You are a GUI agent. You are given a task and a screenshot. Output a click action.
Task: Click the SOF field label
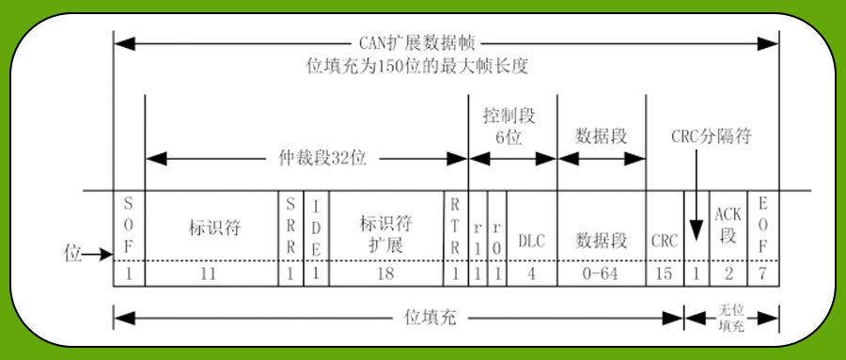coord(129,227)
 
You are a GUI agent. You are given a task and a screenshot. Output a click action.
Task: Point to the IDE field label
coord(318,227)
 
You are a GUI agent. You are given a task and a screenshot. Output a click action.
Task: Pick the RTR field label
coord(456,227)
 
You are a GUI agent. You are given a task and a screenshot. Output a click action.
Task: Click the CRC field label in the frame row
coord(665,241)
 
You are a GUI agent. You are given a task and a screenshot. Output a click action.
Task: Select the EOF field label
coord(763,227)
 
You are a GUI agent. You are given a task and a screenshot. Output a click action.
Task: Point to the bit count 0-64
coord(601,274)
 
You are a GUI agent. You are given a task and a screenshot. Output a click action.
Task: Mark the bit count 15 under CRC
coord(665,274)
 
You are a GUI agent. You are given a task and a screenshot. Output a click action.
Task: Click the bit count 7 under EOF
coord(763,274)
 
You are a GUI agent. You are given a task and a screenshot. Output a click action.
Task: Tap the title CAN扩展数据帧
coord(417,42)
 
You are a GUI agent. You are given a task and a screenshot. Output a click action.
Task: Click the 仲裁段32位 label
coord(307,158)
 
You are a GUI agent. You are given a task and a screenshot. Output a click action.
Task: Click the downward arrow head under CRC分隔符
coord(697,231)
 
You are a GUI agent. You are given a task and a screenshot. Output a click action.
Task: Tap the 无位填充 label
coord(731,318)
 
